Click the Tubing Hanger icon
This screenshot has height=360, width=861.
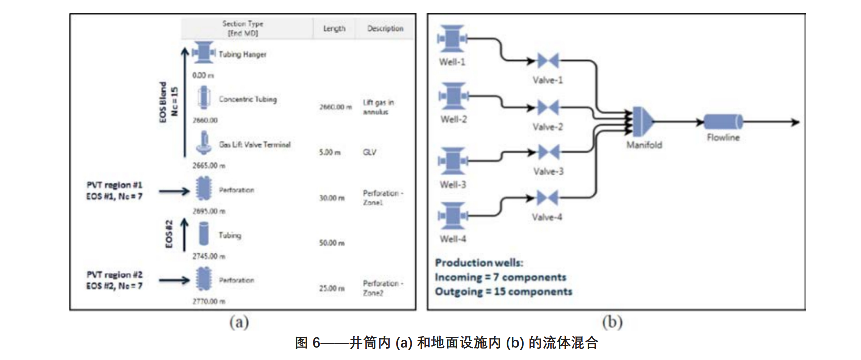[203, 52]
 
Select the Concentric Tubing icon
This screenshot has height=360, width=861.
[203, 97]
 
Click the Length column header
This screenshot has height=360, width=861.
[334, 29]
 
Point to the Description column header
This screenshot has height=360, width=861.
[385, 29]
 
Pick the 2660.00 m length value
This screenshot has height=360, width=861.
[335, 107]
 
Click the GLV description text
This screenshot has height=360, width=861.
[369, 152]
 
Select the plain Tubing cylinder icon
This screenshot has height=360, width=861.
[204, 234]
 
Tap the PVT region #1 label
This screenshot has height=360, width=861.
[114, 185]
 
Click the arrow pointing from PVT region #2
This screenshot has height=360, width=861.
[174, 280]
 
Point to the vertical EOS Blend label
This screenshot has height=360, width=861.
[163, 102]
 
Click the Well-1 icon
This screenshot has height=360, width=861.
[452, 39]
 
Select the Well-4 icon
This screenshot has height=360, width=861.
[453, 216]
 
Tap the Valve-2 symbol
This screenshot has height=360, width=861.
[548, 107]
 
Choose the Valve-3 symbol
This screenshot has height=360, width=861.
[548, 152]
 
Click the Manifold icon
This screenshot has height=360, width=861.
[642, 122]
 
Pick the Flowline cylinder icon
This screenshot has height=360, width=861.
[723, 122]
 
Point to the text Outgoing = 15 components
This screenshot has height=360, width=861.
[503, 291]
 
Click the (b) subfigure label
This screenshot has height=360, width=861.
[612, 322]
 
